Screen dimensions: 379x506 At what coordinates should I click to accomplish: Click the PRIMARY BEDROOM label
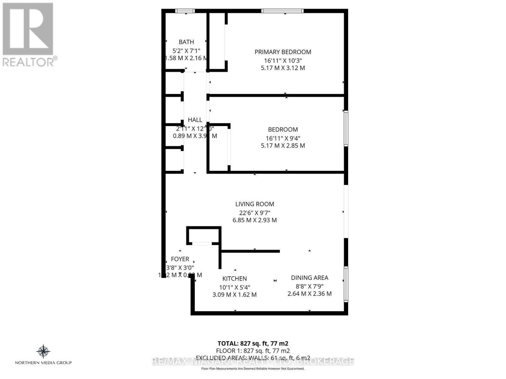coord(283,52)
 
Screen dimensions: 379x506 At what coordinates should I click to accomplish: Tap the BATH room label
coord(186,42)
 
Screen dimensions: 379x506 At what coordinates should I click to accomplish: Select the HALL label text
coord(195,120)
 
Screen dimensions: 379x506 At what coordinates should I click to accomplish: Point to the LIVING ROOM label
coord(255,204)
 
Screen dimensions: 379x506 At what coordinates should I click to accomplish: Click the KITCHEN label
coord(234,279)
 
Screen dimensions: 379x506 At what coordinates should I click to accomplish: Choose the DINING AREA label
coord(310,278)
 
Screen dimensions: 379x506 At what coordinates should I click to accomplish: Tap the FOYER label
coord(180,259)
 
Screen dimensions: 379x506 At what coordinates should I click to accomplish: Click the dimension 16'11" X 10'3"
coord(283,60)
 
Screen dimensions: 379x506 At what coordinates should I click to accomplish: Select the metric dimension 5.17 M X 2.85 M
coord(283,146)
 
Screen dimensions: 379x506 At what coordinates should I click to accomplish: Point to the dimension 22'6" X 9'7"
coord(255,213)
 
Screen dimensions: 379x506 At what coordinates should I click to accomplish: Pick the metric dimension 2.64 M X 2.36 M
coord(310,294)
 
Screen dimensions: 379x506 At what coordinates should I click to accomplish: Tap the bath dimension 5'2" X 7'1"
coord(186,51)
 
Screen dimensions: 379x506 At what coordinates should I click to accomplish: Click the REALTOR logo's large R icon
coord(28,29)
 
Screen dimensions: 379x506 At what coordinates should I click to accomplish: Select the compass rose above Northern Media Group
coord(43,352)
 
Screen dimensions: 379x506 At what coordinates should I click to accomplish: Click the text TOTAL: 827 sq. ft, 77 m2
coord(253,343)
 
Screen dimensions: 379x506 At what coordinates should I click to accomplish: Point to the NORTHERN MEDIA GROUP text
coord(43,363)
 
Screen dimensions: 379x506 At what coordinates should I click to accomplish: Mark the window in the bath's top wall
coord(185,11)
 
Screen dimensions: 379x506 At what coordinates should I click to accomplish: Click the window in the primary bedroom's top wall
coord(282,11)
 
